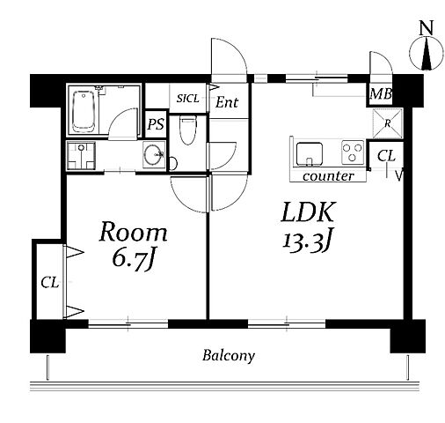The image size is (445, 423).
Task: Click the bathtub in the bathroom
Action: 84,111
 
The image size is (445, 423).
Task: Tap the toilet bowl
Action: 187,130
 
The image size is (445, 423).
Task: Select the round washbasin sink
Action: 153,154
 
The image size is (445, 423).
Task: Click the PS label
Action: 156,124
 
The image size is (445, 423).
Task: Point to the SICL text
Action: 187,99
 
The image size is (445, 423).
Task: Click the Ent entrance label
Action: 227,102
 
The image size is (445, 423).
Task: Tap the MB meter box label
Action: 381,94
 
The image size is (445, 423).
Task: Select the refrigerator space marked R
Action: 387,123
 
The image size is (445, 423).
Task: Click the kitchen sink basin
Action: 310,154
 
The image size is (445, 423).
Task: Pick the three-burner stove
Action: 353,152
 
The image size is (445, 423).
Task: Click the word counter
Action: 328,176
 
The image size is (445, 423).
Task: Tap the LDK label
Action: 308,211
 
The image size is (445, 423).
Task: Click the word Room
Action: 134,232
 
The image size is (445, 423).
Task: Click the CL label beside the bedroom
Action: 50,283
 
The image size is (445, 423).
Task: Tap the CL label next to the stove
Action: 386,156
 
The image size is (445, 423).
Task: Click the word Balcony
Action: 229,356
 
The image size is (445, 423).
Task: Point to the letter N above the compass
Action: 426,29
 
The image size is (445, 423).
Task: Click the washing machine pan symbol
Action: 81,156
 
